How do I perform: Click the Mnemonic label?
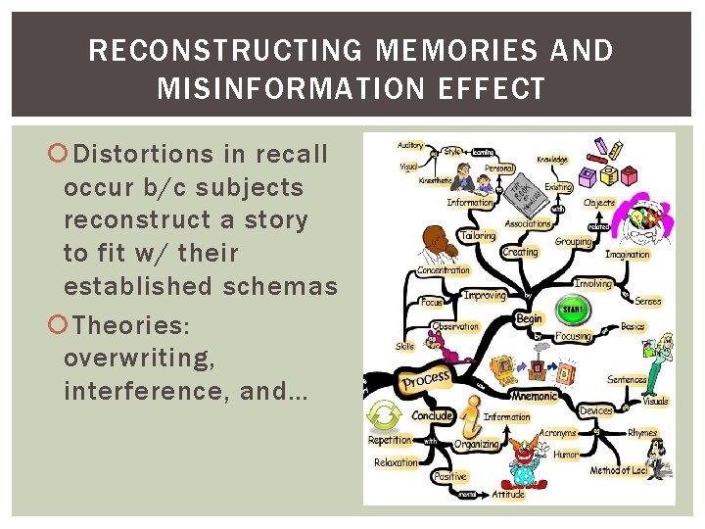click(x=535, y=396)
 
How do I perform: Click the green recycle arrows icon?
click(x=385, y=413)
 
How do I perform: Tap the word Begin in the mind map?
click(x=529, y=318)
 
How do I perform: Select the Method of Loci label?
click(x=619, y=471)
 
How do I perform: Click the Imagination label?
click(x=628, y=255)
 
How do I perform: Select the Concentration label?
click(x=444, y=270)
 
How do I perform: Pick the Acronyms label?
click(x=558, y=432)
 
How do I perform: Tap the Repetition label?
click(x=390, y=440)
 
